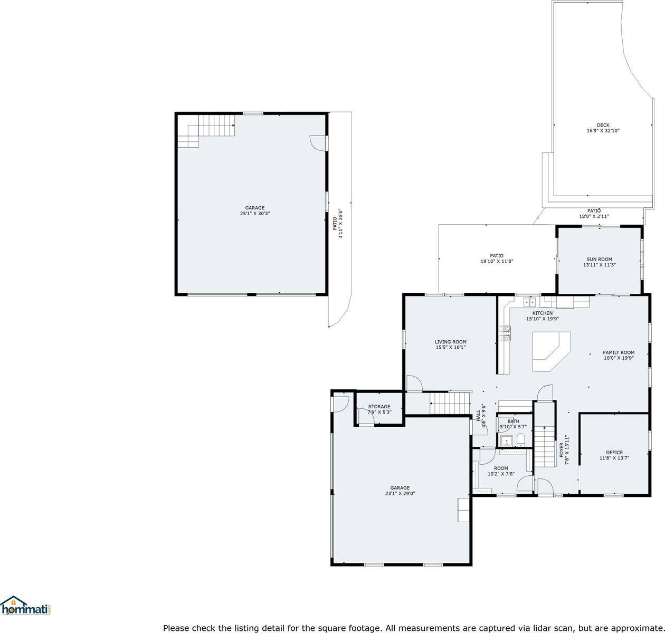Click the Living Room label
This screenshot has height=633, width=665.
tap(450, 342)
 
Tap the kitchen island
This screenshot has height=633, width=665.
tap(550, 351)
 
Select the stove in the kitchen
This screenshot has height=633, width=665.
tap(505, 333)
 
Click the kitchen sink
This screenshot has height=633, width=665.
tap(529, 302)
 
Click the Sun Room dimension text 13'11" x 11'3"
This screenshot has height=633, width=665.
tap(599, 265)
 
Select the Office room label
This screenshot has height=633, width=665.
tap(614, 452)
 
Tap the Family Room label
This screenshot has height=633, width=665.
tap(619, 352)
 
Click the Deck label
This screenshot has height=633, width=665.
tap(603, 125)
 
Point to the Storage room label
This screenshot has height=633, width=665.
tap(379, 406)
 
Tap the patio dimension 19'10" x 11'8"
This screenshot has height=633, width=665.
tap(497, 261)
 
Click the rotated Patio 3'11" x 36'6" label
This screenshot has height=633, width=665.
tap(338, 223)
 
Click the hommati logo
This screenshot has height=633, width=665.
tap(26, 606)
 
